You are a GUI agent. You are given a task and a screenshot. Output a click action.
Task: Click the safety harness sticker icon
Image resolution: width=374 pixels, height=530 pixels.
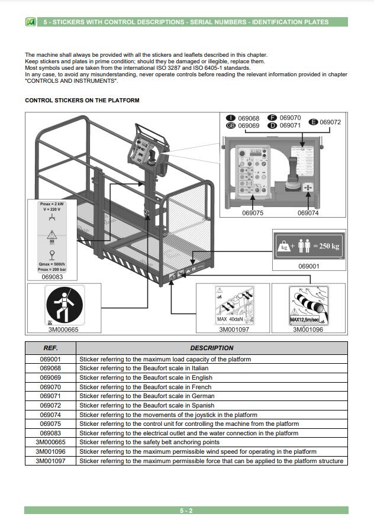tap(65, 305)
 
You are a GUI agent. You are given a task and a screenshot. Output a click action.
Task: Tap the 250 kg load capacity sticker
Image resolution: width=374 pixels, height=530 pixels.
tap(308, 245)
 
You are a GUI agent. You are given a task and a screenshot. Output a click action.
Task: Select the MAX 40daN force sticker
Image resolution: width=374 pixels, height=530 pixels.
tap(233, 305)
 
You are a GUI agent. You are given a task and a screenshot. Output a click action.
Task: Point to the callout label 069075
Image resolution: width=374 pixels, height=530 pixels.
tap(253, 213)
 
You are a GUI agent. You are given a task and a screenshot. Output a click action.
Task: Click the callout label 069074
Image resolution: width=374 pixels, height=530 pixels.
tap(308, 213)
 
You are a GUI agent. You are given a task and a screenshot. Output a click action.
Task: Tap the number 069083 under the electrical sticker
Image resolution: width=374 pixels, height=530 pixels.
tap(52, 276)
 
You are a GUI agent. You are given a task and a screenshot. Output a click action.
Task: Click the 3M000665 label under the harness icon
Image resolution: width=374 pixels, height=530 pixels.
tap(63, 329)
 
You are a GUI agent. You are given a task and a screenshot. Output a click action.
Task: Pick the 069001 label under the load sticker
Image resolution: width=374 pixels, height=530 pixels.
tap(308, 266)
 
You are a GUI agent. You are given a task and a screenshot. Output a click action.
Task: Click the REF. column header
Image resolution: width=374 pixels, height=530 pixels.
tap(51, 348)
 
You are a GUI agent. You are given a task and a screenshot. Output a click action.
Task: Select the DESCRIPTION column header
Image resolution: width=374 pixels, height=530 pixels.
tap(211, 348)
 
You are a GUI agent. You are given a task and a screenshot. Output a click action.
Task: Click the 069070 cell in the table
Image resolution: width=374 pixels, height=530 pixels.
tap(51, 387)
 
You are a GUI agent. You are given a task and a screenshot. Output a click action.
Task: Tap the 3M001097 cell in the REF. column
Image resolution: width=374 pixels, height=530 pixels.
tap(51, 461)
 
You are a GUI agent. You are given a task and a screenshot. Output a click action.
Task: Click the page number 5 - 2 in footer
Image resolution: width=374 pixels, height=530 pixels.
tap(186, 510)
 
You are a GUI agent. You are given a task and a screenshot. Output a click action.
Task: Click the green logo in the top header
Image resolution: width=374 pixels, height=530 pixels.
tap(31, 22)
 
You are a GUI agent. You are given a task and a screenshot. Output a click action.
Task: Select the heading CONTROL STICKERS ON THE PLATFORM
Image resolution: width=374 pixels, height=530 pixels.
tap(82, 101)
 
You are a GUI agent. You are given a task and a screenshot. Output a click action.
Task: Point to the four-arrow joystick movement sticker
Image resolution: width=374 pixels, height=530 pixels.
tap(308, 188)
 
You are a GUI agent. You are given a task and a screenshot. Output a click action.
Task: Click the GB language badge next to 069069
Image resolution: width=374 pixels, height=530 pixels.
tap(231, 126)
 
